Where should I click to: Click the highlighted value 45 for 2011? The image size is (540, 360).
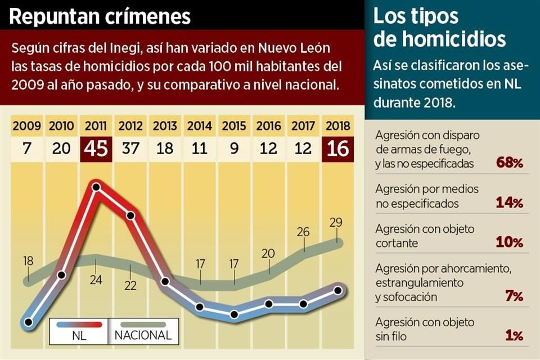coord(96,149)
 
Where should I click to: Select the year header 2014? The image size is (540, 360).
coord(200,126)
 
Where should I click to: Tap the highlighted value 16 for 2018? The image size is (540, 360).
coord(337,149)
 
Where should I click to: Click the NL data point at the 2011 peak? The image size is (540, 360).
coord(96,187)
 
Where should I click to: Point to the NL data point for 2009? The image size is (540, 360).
coord(28,322)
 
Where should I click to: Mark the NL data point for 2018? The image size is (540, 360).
coord(337,290)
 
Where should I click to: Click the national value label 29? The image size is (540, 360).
coord(336,222)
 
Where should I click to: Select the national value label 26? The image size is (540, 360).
coord(303,231)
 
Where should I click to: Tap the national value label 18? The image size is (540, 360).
coord(28,261)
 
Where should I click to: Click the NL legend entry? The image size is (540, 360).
coord(79,330)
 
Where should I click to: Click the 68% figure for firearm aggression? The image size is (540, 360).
coord(510,163)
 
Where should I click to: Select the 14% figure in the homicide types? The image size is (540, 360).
coord(510,203)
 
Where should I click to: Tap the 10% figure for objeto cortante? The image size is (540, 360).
coord(510,242)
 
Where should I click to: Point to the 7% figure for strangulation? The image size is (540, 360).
coord(514,296)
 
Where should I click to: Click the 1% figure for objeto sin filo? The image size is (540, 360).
coord(514,336)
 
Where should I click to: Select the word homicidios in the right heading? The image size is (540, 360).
coord(439,39)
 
